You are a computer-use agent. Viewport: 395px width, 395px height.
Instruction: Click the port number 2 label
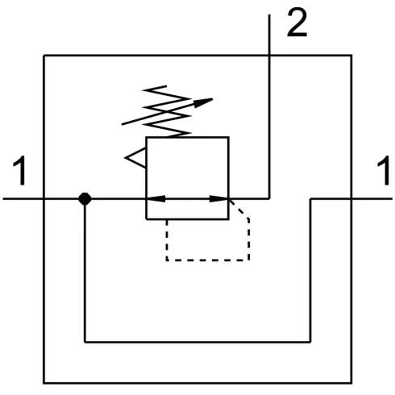[297, 23]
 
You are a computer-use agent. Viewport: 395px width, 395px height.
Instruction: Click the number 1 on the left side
[21, 171]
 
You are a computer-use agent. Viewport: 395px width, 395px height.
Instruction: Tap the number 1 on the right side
[385, 171]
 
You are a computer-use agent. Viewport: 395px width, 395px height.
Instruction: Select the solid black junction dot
[85, 199]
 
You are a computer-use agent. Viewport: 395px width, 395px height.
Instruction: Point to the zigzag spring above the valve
[167, 111]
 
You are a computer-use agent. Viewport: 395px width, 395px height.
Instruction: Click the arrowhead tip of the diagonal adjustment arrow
[213, 99]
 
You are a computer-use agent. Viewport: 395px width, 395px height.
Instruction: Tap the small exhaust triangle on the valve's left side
[135, 158]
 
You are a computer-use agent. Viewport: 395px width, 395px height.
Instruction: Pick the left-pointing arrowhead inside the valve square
[156, 199]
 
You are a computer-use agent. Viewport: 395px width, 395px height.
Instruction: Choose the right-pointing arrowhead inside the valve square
[218, 199]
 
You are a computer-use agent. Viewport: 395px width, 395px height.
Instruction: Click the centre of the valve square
[187, 178]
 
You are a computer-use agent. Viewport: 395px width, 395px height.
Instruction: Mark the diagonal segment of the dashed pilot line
[239, 209]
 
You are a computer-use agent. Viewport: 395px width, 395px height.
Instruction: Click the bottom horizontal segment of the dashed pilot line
[208, 260]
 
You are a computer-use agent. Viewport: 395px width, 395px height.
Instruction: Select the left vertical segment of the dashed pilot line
[167, 240]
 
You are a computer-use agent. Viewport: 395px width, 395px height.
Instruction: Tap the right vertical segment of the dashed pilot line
[249, 239]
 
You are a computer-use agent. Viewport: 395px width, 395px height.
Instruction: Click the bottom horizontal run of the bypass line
[197, 342]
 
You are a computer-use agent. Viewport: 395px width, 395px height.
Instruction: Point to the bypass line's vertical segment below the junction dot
[85, 271]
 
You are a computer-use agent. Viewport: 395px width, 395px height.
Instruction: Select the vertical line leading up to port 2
[269, 107]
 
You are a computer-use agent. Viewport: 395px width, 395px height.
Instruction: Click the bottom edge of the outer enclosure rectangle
[197, 383]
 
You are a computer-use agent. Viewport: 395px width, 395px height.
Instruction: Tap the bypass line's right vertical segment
[310, 271]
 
